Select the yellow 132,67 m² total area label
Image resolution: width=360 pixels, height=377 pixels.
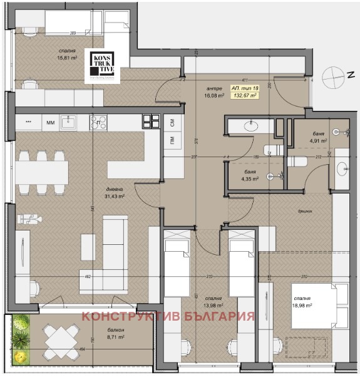point(246,92)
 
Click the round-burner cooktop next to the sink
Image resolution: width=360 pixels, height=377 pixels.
point(98,122)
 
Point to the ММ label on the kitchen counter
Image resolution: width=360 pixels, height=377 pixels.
point(51,123)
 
